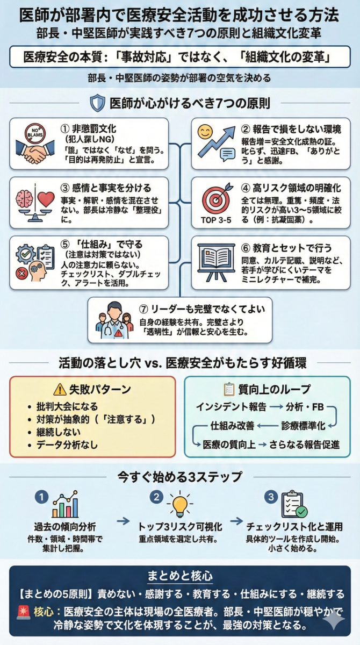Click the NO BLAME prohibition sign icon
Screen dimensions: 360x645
click(x=35, y=134)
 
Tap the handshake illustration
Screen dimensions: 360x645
click(x=35, y=152)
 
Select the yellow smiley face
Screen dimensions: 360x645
click(x=205, y=132)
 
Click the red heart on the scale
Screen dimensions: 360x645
click(x=46, y=199)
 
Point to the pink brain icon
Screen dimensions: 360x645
click(x=25, y=199)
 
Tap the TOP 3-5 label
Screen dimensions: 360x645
click(x=216, y=220)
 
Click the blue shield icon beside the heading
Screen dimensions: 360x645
click(x=98, y=103)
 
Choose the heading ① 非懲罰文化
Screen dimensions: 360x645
click(x=88, y=128)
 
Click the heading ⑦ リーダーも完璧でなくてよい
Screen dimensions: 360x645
click(x=201, y=309)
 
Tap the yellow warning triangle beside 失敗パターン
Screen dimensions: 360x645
click(x=60, y=389)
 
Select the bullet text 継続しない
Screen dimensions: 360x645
click(x=58, y=432)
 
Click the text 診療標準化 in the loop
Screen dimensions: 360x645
click(x=303, y=426)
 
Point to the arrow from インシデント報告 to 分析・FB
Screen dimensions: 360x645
click(x=276, y=407)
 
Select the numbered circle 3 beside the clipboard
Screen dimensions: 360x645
click(x=271, y=497)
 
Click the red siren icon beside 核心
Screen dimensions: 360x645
click(x=24, y=612)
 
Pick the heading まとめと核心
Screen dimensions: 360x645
click(x=180, y=576)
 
